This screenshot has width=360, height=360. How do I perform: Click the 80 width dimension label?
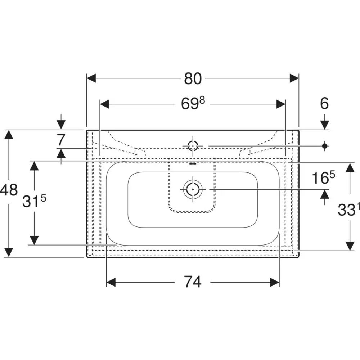click(x=193, y=78)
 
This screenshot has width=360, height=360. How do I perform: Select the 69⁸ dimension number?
click(x=193, y=104)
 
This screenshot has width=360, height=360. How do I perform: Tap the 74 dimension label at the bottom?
click(x=193, y=282)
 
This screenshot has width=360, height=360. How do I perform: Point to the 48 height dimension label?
click(x=9, y=190)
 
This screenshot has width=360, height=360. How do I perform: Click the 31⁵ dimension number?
click(x=34, y=201)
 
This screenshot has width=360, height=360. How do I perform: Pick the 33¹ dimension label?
click(x=348, y=210)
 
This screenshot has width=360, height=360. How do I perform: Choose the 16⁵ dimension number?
click(x=324, y=178)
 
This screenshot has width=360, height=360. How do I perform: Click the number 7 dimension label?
click(x=60, y=140)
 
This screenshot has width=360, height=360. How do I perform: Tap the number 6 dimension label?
click(x=324, y=104)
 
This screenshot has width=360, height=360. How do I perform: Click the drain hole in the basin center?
click(x=193, y=189)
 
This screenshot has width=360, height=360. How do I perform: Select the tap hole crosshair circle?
click(x=193, y=146)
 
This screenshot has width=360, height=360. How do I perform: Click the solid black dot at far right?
click(x=325, y=145)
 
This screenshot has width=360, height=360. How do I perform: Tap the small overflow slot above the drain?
click(x=193, y=164)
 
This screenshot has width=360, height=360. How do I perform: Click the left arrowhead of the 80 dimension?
click(x=91, y=78)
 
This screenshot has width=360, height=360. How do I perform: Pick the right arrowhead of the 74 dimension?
click(x=275, y=282)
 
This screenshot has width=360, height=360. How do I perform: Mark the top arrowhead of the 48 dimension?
click(x=9, y=135)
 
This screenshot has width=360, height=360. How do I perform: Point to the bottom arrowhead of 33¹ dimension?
click(x=350, y=246)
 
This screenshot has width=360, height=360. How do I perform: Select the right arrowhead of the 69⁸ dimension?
click(x=281, y=104)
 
